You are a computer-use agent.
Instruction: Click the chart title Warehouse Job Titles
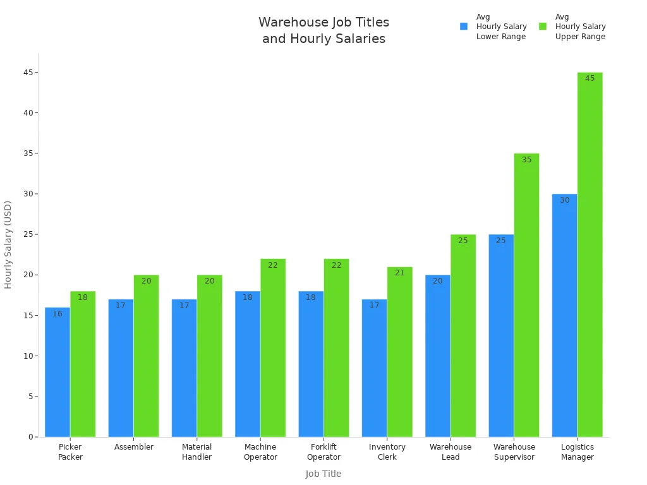pos(323,23)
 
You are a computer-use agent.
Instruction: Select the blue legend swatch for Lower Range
pos(464,27)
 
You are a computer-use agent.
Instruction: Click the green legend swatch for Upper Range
pos(543,27)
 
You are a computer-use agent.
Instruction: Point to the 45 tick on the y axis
pos(28,73)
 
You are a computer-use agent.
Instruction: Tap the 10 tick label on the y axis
pos(28,356)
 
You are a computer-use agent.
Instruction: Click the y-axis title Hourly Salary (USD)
pos(8,244)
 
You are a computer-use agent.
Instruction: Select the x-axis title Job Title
pos(323,474)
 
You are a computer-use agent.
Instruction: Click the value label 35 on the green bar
pos(526,160)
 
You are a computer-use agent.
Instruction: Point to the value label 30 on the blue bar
pos(564,200)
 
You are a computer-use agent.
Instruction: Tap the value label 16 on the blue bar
pos(57,314)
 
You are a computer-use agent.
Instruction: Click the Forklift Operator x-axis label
pos(323,452)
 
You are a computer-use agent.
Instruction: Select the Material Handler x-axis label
pos(197,452)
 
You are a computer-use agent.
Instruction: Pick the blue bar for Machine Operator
pos(248,366)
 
